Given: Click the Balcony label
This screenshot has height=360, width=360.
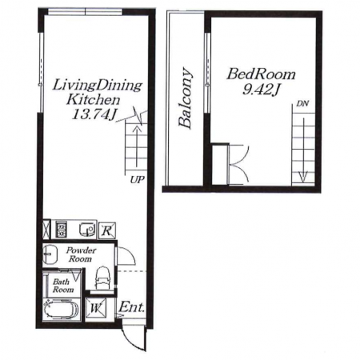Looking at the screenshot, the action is point(186,98).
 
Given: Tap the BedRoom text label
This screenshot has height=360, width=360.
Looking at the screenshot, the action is point(262,74).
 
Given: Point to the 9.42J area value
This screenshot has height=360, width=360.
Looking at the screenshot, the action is point(261,90).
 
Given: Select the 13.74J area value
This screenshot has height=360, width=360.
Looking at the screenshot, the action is point(94,115).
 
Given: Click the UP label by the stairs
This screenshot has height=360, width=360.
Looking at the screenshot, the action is point(137,180).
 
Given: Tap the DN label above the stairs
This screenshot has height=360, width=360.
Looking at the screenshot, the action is point(302,103).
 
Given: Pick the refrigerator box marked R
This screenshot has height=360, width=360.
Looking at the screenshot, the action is point(107,230).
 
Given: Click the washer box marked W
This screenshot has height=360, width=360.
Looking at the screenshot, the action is point(96,308).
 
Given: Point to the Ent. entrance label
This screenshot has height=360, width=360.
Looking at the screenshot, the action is point(131,307).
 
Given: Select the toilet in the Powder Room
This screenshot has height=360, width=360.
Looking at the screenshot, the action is point(102,278).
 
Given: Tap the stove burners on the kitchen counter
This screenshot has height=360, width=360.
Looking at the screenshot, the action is point(62,230).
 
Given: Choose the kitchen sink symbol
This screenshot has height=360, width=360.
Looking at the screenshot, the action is point(87,230).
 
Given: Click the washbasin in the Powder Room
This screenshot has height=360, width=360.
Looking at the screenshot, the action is point(50,254).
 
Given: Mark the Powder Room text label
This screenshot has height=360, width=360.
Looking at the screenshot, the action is point(81,254).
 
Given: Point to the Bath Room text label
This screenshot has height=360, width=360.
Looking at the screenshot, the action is point(63,286).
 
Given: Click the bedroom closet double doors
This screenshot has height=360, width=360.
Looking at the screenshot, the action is point(238,165).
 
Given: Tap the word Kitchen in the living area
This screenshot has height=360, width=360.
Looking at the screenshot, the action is point(93,100).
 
